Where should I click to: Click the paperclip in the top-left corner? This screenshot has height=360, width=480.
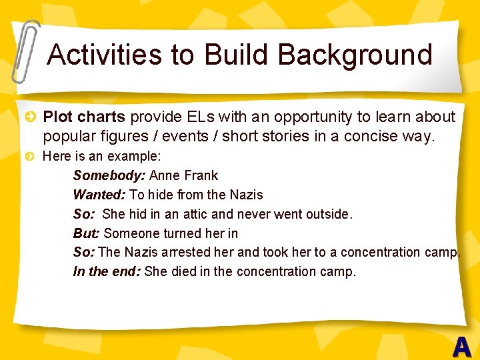point(25,50)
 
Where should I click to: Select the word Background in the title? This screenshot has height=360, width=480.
point(355,55)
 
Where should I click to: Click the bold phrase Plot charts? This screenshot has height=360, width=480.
point(84,117)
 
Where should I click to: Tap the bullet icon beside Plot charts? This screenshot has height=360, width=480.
point(30,118)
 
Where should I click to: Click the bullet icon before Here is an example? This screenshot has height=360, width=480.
point(30,157)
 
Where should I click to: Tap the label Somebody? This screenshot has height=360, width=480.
point(109,176)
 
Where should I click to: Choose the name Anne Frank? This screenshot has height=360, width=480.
point(184,176)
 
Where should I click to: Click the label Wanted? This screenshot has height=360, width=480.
point(99,195)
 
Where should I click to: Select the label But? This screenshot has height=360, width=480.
point(87,233)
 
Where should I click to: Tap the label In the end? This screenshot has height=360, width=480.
point(107,272)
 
